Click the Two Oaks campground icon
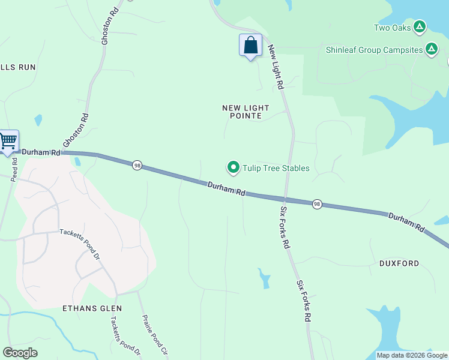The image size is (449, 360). [420, 27]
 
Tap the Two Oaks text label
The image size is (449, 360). [393, 28]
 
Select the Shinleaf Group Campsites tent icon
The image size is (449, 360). [431, 50]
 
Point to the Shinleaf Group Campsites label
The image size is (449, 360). [374, 50]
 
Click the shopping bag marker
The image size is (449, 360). [250, 46]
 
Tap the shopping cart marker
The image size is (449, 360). [8, 142]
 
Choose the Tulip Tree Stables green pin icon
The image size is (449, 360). [233, 167]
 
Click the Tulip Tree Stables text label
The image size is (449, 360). [276, 168]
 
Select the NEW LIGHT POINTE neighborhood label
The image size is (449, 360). [246, 112]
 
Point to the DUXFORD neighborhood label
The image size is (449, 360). [399, 263]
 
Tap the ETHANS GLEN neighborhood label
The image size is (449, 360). [92, 308]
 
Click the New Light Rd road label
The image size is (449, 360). [276, 67]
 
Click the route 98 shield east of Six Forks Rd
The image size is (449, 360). [317, 205]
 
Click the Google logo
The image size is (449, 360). [20, 353]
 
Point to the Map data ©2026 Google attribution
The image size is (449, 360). [412, 355]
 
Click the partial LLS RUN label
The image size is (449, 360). [18, 67]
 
